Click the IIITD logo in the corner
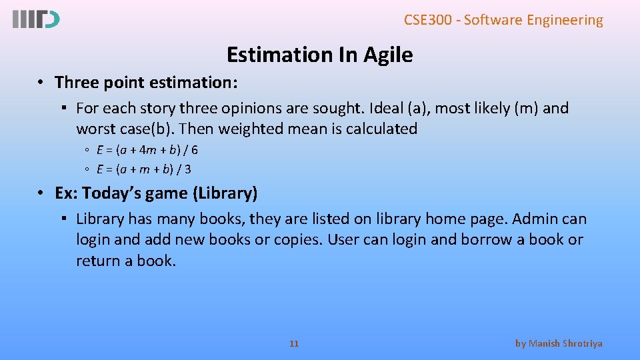click(35, 20)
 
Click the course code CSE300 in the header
click(427, 20)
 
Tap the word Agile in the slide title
click(388, 55)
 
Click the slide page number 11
click(294, 343)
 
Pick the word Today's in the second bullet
click(111, 194)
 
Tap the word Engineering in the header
click(565, 20)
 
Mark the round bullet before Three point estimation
click(41, 83)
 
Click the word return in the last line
click(96, 261)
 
